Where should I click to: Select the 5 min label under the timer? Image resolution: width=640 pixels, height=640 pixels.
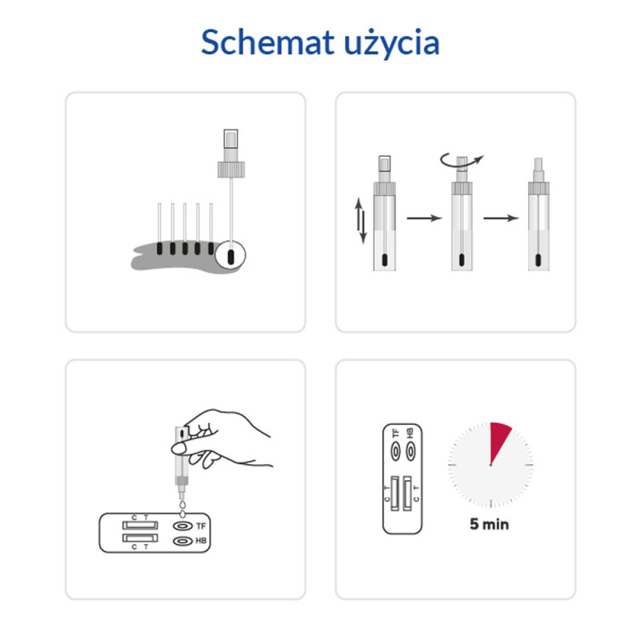pyautogui.click(x=490, y=526)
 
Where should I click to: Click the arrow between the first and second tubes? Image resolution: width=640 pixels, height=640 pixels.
pyautogui.click(x=424, y=218)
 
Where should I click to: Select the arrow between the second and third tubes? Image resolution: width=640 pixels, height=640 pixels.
pyautogui.click(x=501, y=218)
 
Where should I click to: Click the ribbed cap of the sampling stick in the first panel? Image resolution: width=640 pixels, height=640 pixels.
pyautogui.click(x=230, y=170)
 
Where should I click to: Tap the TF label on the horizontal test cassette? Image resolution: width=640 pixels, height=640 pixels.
pyautogui.click(x=201, y=526)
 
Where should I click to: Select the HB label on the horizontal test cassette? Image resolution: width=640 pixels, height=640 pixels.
pyautogui.click(x=201, y=542)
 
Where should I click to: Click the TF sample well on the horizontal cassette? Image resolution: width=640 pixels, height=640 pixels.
pyautogui.click(x=182, y=527)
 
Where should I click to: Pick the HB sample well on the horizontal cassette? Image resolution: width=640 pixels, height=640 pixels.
pyautogui.click(x=182, y=542)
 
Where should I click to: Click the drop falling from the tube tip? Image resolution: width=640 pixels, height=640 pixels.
pyautogui.click(x=182, y=506)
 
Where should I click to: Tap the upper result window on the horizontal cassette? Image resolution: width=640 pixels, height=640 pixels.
pyautogui.click(x=139, y=526)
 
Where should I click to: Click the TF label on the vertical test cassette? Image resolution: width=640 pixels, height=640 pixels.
pyautogui.click(x=395, y=433)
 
